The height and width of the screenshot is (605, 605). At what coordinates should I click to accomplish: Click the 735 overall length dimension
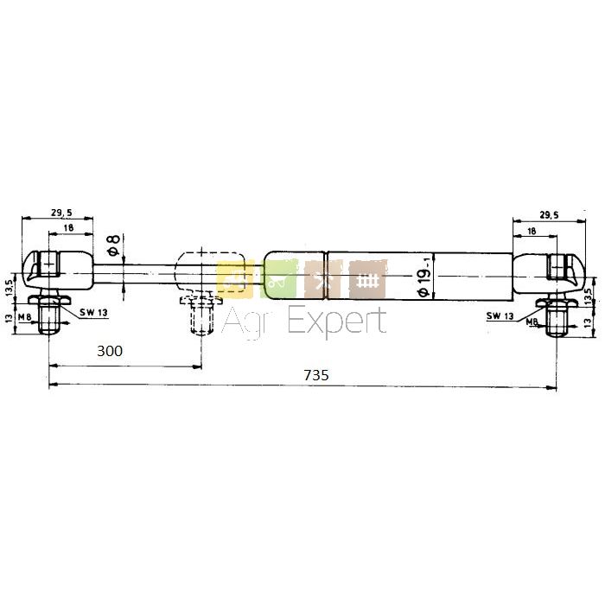point(316,374)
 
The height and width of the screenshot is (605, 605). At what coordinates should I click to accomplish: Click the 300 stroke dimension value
point(110,351)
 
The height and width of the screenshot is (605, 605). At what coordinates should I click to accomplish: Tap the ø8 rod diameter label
point(114,245)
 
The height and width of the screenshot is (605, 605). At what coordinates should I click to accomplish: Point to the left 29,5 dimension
point(61,213)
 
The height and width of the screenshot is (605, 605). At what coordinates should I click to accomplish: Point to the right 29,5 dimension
point(549,215)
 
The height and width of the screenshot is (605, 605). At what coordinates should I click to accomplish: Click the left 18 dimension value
point(68,227)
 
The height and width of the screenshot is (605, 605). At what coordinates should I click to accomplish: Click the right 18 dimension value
point(532,231)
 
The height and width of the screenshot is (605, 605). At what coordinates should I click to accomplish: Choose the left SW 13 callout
point(93,313)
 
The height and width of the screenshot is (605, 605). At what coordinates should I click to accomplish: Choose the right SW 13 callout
point(500,315)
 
